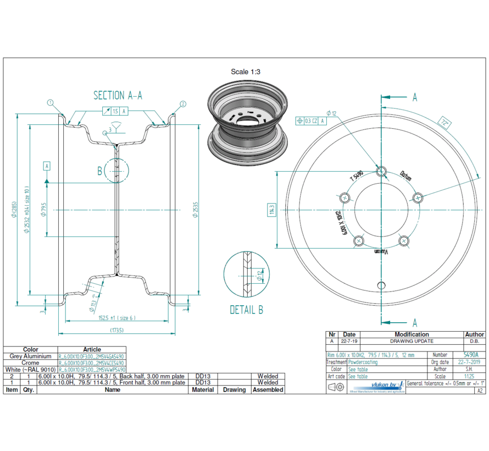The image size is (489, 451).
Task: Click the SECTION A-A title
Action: pyautogui.click(x=118, y=95)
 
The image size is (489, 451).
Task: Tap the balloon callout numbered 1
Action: pyautogui.click(x=51, y=102)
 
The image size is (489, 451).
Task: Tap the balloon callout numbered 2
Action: pyautogui.click(x=183, y=103)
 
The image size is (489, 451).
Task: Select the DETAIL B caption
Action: pyautogui.click(x=246, y=310)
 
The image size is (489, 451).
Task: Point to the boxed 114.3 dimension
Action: pyautogui.click(x=271, y=210)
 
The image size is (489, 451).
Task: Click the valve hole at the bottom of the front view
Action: pyautogui.click(x=381, y=285)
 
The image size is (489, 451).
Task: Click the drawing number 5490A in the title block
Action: pyautogui.click(x=470, y=355)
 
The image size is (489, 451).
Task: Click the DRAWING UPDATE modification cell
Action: pyautogui.click(x=412, y=341)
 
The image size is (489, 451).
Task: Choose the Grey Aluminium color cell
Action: pyautogui.click(x=31, y=356)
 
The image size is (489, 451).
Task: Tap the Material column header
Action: pyautogui.click(x=203, y=389)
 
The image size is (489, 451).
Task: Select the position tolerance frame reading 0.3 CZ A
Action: pyautogui.click(x=311, y=120)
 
